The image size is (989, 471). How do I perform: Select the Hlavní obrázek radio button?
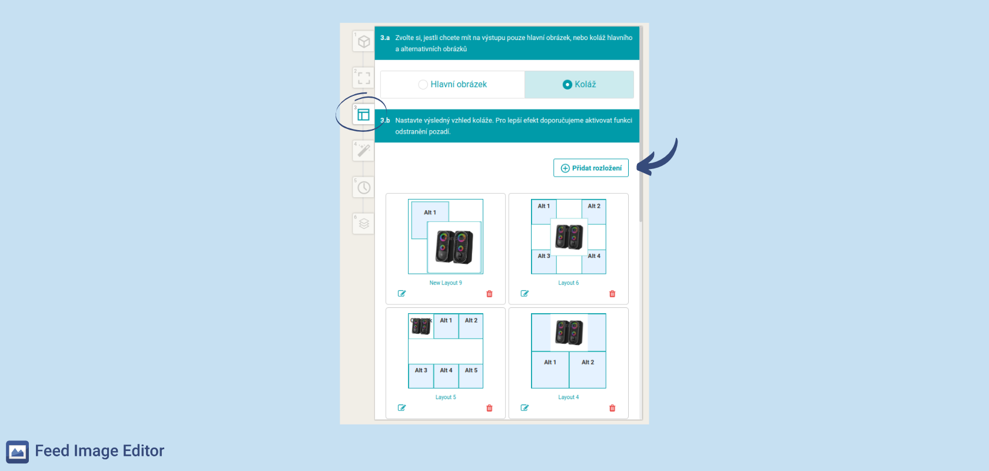tap(423, 84)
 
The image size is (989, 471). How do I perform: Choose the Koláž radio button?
tap(567, 84)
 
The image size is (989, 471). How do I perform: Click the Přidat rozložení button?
tap(591, 168)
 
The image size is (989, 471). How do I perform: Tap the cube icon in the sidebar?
tap(364, 41)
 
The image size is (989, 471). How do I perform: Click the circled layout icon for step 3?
tap(363, 115)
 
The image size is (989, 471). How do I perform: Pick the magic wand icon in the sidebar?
tap(364, 151)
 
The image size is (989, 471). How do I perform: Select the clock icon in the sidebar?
tap(364, 188)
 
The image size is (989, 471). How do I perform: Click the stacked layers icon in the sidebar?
tap(364, 224)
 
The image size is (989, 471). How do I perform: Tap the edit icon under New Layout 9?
tap(401, 294)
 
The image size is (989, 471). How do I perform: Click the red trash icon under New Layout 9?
tap(489, 294)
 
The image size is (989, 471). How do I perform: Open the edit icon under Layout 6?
tap(525, 294)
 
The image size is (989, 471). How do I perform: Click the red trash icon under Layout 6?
tap(612, 294)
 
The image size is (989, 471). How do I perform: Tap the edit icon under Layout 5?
tap(401, 408)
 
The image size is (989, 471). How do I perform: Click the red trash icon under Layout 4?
tap(612, 408)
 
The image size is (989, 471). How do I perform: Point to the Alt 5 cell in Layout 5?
tap(471, 376)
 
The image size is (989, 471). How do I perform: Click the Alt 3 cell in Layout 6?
tap(544, 262)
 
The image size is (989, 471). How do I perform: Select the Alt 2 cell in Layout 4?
tap(588, 370)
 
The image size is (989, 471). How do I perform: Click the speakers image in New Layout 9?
tap(454, 247)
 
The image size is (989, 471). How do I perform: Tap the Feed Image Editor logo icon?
tap(17, 452)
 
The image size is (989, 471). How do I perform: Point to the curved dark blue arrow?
tap(662, 161)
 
